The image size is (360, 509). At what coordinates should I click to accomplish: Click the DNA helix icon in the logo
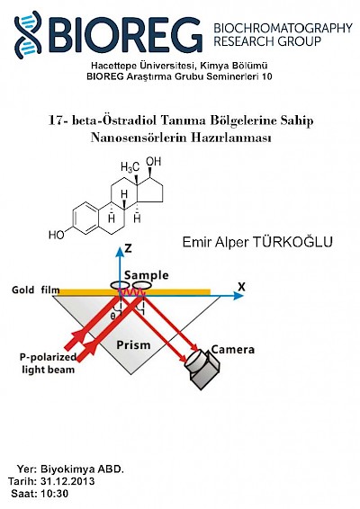pos(28,35)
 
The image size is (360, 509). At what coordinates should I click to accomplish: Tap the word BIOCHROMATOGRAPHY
pos(283,28)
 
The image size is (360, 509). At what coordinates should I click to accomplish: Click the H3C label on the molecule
pos(130,167)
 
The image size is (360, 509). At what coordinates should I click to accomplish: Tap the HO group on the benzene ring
pos(57,235)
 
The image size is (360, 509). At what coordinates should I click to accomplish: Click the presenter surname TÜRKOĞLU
pos(292,242)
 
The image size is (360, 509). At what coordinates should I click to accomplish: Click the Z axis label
pos(129,248)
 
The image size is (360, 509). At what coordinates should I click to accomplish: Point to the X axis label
pos(241,287)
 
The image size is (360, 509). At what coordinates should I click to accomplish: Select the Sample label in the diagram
pos(146,275)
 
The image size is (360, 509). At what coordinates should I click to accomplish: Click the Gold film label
pos(36,290)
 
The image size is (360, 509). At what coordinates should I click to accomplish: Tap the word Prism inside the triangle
pos(133,344)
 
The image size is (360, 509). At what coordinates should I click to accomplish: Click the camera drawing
pos(202,370)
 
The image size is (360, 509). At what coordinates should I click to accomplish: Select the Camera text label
pos(232,350)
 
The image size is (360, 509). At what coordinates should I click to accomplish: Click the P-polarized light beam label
pos(48,363)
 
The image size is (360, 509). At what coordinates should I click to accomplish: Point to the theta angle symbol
pos(112,316)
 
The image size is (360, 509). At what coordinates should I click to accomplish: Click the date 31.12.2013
pos(67,481)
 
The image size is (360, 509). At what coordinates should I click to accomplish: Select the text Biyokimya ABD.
pos(82,469)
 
